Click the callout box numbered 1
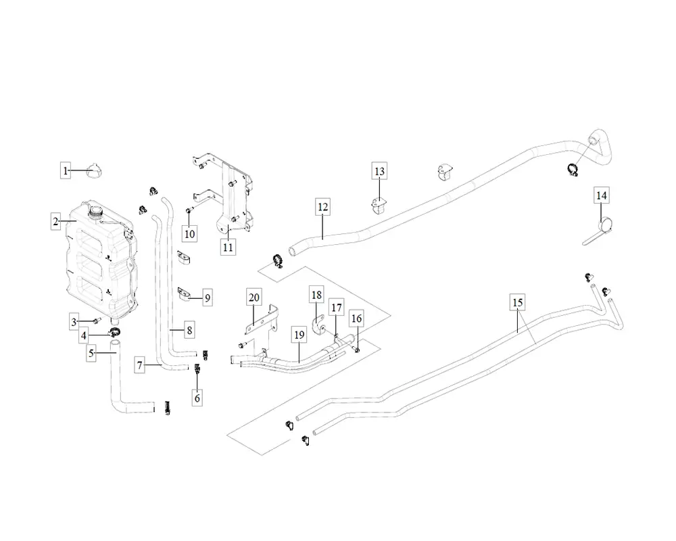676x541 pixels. coord(66,171)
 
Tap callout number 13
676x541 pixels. coord(379,171)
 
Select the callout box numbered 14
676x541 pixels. coord(601,195)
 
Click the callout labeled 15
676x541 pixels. coord(517,302)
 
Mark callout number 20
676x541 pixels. coord(254,297)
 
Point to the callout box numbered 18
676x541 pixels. coord(316,294)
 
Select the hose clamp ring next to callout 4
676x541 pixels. coord(114,332)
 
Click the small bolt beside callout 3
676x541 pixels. coord(97,320)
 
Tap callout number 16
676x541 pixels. coord(357,319)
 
